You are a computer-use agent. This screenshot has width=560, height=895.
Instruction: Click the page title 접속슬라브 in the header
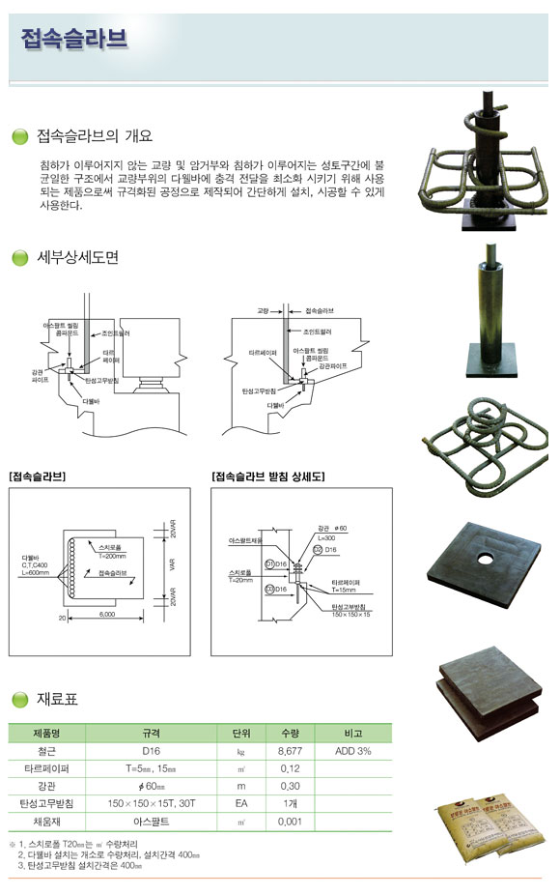(73, 40)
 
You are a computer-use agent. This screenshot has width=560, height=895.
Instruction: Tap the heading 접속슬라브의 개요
(94, 136)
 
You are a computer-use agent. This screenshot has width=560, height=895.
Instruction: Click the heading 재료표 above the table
(57, 698)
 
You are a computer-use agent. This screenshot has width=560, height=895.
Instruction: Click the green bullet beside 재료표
(19, 699)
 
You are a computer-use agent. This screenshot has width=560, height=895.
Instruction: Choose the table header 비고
(351, 732)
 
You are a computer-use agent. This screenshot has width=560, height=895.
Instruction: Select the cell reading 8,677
(291, 750)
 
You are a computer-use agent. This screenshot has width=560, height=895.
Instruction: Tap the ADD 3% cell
(351, 750)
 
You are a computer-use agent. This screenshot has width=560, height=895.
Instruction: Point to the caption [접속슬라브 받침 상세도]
(267, 476)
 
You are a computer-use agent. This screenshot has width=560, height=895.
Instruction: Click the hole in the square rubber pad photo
(485, 558)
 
